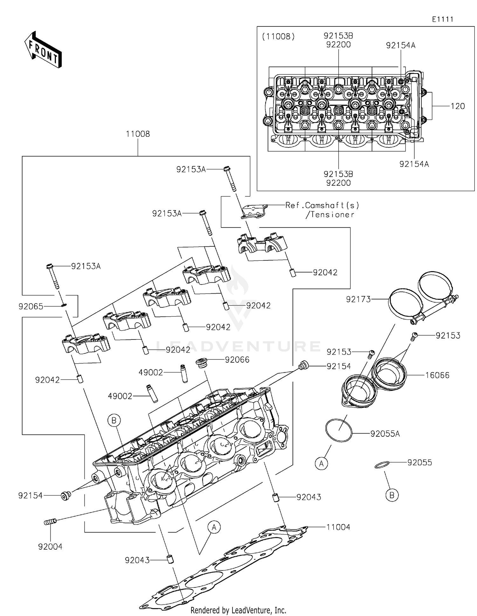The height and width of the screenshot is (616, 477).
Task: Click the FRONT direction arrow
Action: pos(43,50)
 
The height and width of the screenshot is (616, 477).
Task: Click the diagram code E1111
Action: pos(442,19)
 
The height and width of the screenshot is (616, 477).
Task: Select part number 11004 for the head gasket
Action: pos(338,527)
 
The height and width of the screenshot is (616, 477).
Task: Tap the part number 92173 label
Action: pos(358,299)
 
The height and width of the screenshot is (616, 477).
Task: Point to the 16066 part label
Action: pos(437,375)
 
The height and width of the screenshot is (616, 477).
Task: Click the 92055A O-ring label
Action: pos(385,434)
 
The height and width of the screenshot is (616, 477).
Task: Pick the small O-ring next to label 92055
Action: pos(382,465)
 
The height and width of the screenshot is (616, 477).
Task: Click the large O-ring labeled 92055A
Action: pos(339,430)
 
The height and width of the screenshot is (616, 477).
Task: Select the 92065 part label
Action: pos(31,307)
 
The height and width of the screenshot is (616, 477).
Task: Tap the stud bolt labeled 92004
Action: pos(50,522)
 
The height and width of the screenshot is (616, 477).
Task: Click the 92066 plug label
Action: pos(237,360)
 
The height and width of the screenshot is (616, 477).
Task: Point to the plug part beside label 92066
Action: pos(202,363)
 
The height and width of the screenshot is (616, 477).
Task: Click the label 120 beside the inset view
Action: pos(458,106)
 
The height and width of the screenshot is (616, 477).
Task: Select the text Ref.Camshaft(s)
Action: pos(322,205)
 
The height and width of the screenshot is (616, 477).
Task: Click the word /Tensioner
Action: pos(330,215)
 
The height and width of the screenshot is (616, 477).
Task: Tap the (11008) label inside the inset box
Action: pos(278,37)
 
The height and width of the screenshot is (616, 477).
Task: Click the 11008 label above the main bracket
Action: pos(138,134)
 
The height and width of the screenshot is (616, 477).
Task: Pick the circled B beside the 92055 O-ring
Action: pos(392,495)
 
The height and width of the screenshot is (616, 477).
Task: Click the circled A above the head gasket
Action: pos(214,527)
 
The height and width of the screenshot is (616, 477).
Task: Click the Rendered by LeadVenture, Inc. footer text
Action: pos(238,610)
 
